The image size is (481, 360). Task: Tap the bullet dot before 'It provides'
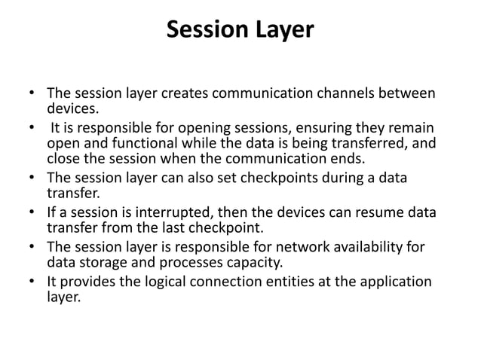click(32, 282)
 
